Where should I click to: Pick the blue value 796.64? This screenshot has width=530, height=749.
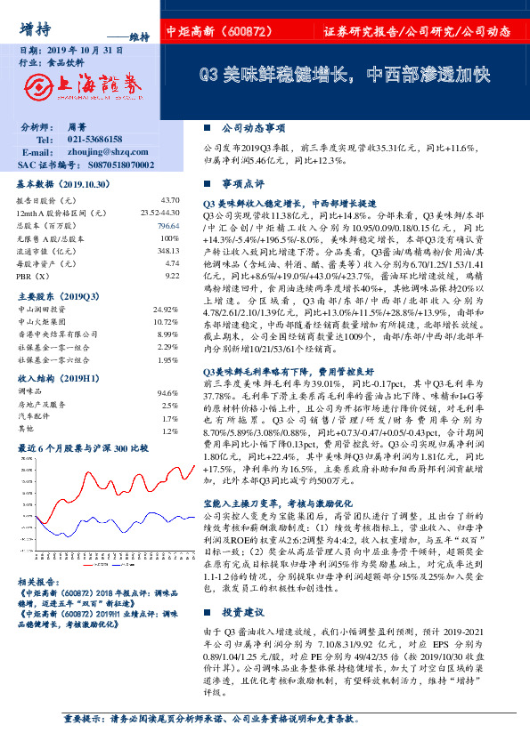(x=168, y=226)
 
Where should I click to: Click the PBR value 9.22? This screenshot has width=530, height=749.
(x=172, y=277)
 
